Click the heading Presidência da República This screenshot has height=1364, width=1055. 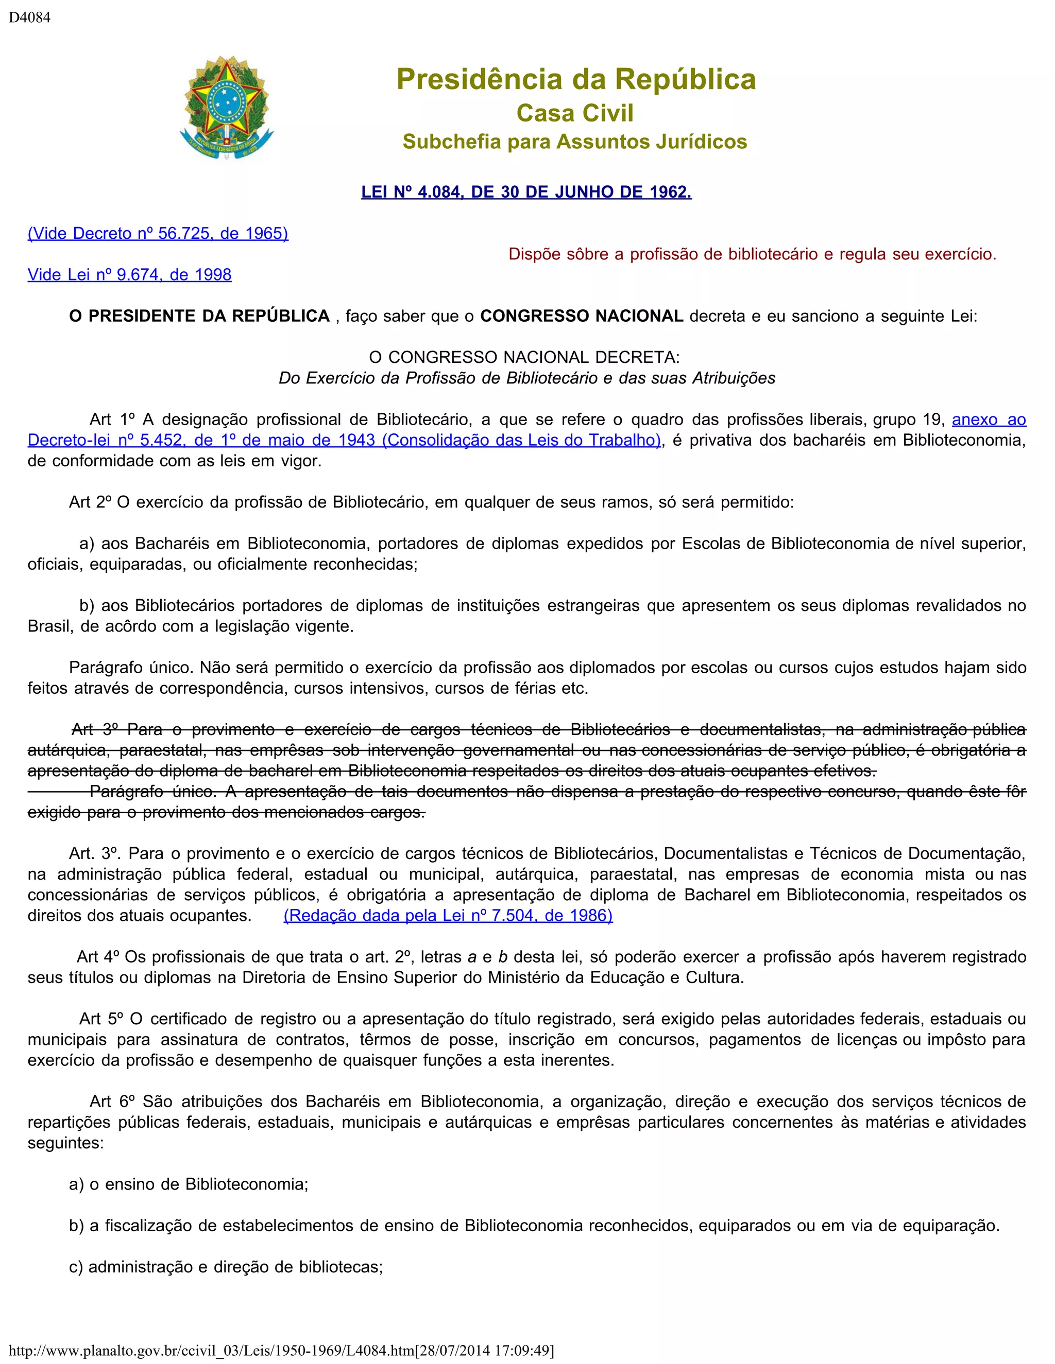575,79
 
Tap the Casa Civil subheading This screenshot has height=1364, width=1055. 575,113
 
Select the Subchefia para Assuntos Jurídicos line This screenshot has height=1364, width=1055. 574,142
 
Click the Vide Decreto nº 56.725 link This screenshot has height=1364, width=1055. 158,234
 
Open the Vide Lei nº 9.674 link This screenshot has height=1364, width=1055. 129,275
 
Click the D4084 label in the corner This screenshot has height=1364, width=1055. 29,18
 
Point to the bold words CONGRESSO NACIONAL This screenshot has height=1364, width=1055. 581,316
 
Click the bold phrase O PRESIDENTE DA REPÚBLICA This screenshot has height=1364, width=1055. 199,316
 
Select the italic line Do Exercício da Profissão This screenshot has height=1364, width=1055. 527,378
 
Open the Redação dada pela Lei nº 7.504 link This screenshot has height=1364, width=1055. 448,916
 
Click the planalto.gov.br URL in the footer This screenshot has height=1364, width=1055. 281,1350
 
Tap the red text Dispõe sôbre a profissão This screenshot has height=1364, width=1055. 752,254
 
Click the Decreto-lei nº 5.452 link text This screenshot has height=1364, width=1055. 344,440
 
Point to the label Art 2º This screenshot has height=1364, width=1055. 90,502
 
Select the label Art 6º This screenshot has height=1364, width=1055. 113,1101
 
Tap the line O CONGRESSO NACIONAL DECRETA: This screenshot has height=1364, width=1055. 524,357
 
